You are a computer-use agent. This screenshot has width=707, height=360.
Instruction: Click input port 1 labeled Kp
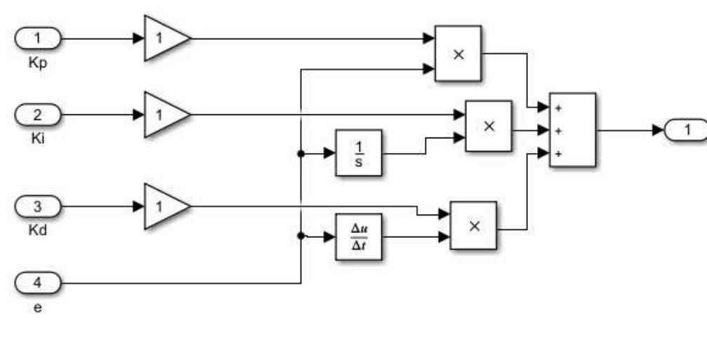38,39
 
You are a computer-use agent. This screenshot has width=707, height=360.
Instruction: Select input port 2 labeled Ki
38,114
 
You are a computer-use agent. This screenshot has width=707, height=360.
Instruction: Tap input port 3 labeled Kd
38,206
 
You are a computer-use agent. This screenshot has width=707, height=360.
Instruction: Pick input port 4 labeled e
38,284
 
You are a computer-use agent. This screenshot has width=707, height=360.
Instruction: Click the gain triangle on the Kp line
164,39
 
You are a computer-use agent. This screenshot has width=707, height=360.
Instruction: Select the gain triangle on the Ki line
164,114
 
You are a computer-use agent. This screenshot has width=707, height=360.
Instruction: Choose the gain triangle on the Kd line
164,206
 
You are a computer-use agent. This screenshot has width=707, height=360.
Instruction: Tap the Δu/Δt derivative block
358,236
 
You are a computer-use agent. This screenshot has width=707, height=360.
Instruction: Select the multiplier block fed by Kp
458,53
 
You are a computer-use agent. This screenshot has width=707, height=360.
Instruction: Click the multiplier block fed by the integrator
489,125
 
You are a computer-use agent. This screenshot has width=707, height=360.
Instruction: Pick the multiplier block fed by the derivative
473,225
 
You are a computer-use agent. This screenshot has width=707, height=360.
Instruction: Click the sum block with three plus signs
573,130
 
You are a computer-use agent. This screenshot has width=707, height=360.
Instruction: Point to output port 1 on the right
685,130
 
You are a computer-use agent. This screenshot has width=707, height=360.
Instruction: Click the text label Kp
38,61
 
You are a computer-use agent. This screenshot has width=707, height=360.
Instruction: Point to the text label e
38,307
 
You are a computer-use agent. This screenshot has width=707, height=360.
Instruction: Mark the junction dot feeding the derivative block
301,236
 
